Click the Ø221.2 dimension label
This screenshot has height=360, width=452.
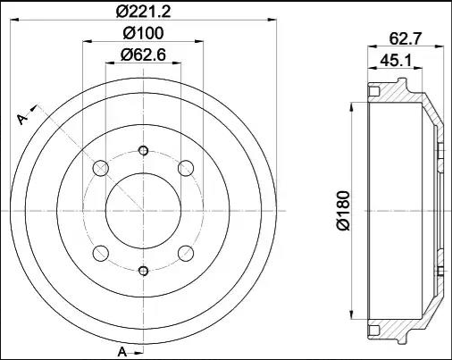143,12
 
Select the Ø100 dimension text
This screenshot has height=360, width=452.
143,33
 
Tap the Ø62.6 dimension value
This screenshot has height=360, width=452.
143,55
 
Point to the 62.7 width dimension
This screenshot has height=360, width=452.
406,38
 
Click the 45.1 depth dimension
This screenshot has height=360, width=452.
396,61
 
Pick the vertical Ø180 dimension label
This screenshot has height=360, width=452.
343,211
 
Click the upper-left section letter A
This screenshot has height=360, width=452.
22,119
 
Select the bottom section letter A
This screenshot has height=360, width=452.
122,352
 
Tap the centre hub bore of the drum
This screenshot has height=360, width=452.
143,211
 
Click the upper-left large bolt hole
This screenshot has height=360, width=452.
101,168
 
